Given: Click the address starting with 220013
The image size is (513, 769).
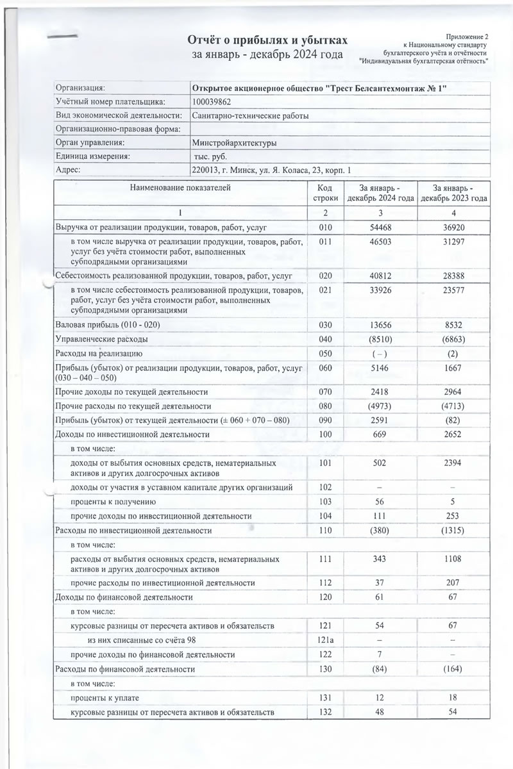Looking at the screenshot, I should point(272,170).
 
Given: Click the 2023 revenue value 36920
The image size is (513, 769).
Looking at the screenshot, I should point(453,227).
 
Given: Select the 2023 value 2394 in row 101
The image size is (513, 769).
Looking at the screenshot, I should point(453,462).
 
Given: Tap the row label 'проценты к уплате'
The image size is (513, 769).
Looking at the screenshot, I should point(105,698).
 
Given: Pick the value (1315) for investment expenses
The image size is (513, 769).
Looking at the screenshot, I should point(453,531).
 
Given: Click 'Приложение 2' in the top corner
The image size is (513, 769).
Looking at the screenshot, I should point(469,37).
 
